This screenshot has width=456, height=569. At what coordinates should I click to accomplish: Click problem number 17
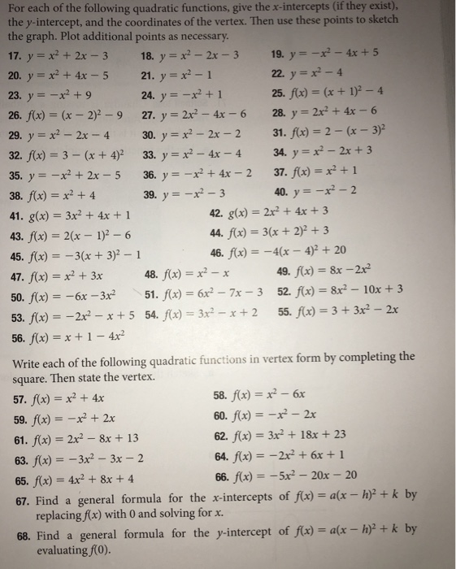17,58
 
